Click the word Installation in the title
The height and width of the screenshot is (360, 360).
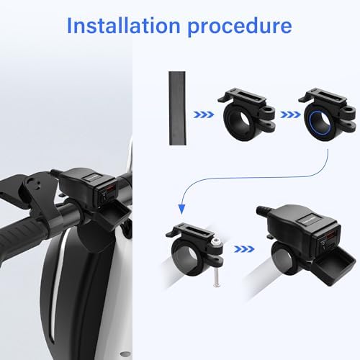pos(123,25)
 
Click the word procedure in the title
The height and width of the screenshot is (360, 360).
pos(240,27)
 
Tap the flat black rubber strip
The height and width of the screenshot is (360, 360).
pos(177,108)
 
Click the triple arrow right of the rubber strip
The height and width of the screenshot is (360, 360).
pos(204,114)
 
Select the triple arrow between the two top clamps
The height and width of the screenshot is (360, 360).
pos(290,115)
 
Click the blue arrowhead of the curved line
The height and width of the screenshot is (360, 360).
pos(181,209)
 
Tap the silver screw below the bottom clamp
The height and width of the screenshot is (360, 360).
pos(216,274)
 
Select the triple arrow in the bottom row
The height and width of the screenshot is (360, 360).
pos(244,249)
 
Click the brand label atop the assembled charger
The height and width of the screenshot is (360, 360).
pos(305,220)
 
